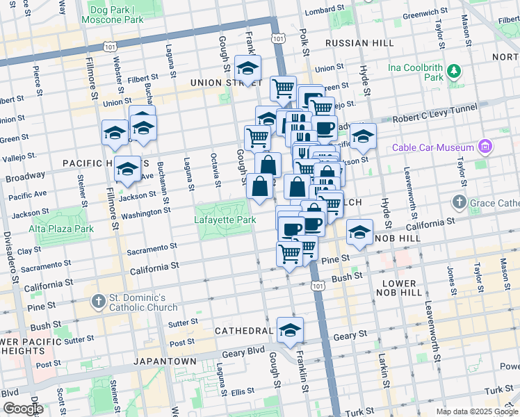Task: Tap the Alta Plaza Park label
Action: click(x=61, y=228)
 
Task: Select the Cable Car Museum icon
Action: click(x=485, y=147)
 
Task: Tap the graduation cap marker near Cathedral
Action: click(x=290, y=329)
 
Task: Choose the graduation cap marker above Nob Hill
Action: click(x=359, y=232)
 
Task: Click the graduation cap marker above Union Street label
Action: click(x=247, y=67)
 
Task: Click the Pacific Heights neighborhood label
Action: click(x=92, y=163)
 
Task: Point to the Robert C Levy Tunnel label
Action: click(x=434, y=113)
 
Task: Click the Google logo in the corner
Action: click(x=22, y=409)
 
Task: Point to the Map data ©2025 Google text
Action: click(x=476, y=411)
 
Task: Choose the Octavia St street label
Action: click(x=217, y=172)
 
